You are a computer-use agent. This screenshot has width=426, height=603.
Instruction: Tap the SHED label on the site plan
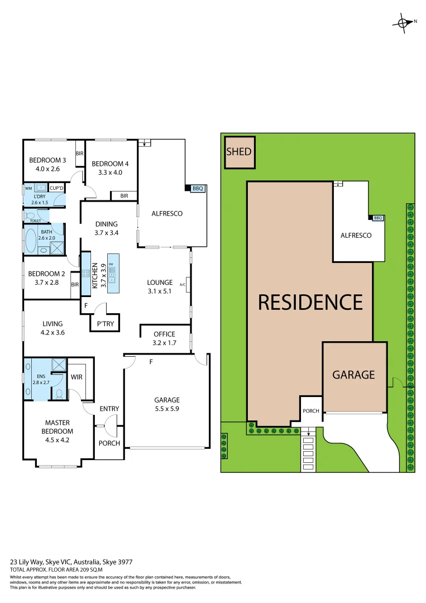(x=238, y=151)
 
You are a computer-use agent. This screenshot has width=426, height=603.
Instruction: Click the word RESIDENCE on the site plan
(x=310, y=302)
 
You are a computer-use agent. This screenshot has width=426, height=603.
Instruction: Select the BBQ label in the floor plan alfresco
(x=198, y=189)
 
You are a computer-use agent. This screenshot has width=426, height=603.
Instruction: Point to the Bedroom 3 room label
(x=47, y=161)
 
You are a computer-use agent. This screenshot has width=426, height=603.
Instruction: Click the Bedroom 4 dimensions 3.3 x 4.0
(x=110, y=172)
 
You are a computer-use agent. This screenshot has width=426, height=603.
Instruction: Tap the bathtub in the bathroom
(x=30, y=240)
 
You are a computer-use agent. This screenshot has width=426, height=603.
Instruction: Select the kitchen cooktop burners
(x=86, y=274)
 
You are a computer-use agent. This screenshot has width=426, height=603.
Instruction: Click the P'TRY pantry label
(x=106, y=323)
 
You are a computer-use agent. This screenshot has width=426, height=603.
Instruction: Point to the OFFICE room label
(x=164, y=334)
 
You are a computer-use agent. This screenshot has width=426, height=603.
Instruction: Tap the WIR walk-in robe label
(x=76, y=377)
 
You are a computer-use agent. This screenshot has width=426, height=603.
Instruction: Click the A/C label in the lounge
(x=182, y=285)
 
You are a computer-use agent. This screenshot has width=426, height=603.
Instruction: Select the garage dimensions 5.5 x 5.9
(x=167, y=409)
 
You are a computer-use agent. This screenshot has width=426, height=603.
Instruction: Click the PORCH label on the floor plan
(x=109, y=443)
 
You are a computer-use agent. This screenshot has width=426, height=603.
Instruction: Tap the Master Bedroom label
(x=57, y=427)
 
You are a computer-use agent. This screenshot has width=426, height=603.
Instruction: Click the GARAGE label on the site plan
(x=353, y=375)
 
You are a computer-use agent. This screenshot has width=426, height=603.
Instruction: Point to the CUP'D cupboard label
(x=56, y=188)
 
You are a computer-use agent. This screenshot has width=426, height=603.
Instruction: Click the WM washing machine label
(x=28, y=188)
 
